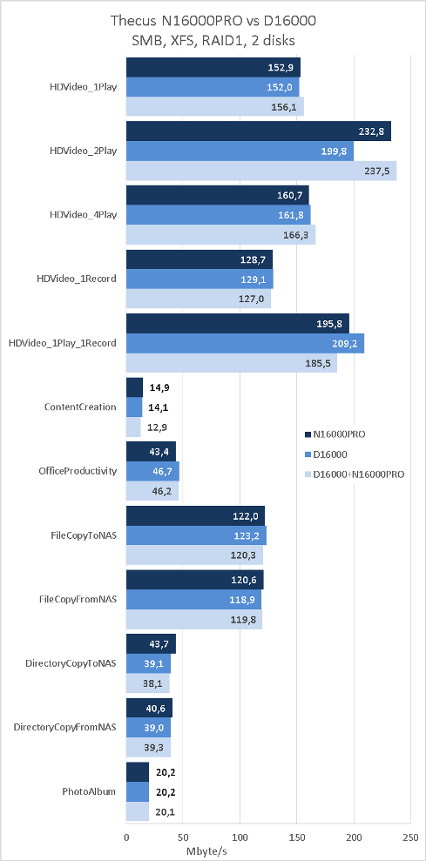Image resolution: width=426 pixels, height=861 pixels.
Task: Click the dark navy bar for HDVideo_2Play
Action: (x=259, y=131)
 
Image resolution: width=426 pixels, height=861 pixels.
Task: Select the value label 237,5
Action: (x=376, y=172)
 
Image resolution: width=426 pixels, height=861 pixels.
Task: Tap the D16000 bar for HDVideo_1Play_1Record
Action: (x=245, y=343)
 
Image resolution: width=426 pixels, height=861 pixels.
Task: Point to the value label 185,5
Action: (x=317, y=363)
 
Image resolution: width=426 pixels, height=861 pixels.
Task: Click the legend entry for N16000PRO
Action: (x=335, y=434)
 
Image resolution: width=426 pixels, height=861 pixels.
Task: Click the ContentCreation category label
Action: (x=80, y=407)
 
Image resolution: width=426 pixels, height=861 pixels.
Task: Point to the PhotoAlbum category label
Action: (x=89, y=792)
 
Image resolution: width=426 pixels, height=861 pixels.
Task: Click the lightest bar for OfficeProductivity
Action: (x=152, y=491)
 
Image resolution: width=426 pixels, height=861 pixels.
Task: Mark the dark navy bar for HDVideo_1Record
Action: (x=199, y=259)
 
